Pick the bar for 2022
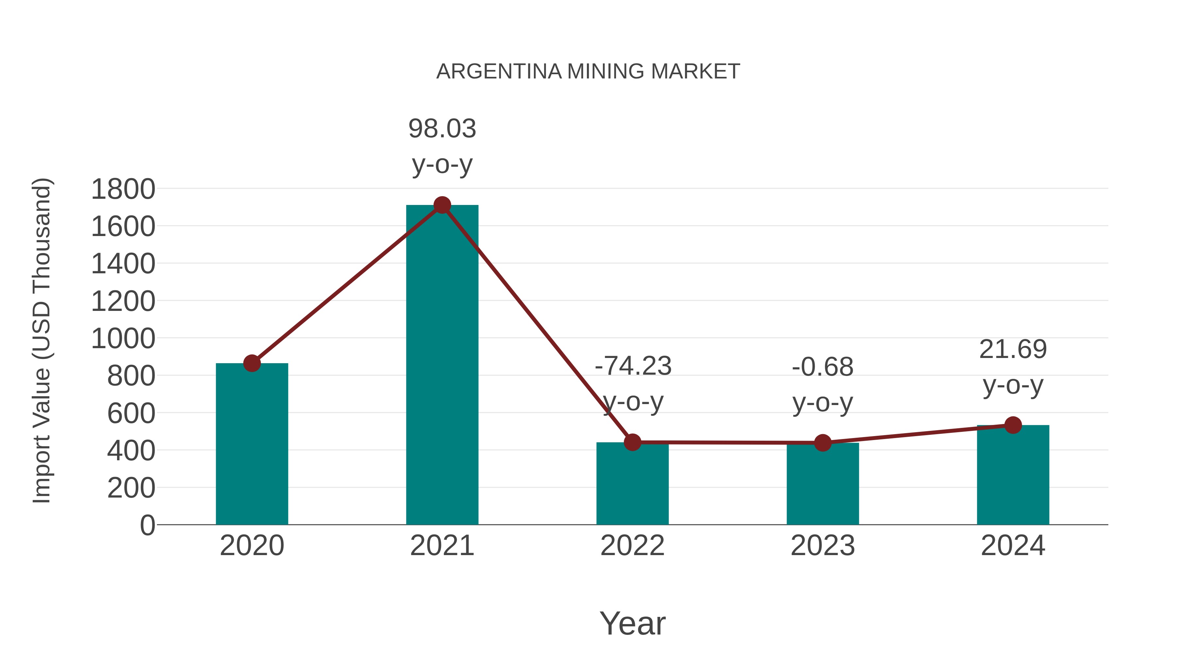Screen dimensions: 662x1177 pyautogui.click(x=632, y=484)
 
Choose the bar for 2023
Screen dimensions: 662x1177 pyautogui.click(x=823, y=484)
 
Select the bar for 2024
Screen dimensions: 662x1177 pyautogui.click(x=1013, y=475)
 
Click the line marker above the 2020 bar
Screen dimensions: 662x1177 pyautogui.click(x=252, y=363)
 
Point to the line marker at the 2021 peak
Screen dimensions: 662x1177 pyautogui.click(x=442, y=205)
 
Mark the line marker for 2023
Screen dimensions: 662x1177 pyautogui.click(x=823, y=443)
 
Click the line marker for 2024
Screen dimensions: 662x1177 pyautogui.click(x=1013, y=425)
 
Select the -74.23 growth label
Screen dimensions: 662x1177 pyautogui.click(x=633, y=366)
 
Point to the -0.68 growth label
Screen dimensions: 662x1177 pyautogui.click(x=823, y=367)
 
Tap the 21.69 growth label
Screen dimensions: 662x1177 pyautogui.click(x=1013, y=349)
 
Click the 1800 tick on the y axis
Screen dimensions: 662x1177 pyautogui.click(x=123, y=189)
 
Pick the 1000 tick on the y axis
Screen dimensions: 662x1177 pyautogui.click(x=123, y=339)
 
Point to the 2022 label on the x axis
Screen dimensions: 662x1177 pyautogui.click(x=632, y=546)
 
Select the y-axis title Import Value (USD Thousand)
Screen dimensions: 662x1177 pyautogui.click(x=42, y=340)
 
